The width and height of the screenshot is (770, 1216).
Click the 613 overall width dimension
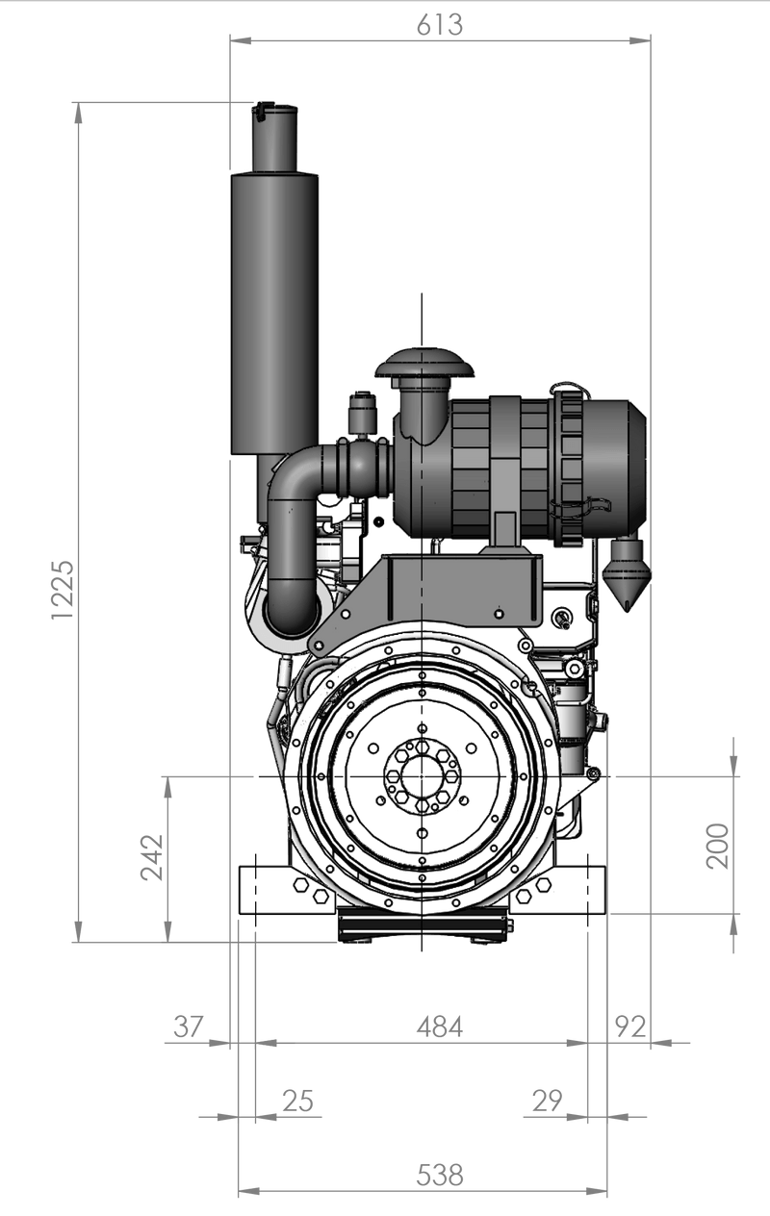pyautogui.click(x=439, y=24)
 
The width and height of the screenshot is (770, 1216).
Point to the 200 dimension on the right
pyautogui.click(x=717, y=846)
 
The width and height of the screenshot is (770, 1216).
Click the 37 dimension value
pyautogui.click(x=189, y=1026)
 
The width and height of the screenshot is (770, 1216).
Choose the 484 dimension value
pyautogui.click(x=438, y=1026)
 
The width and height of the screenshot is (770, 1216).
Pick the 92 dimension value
pyautogui.click(x=631, y=1026)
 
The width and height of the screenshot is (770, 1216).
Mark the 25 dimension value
pyautogui.click(x=299, y=1102)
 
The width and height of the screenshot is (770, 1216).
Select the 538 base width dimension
pyautogui.click(x=440, y=1176)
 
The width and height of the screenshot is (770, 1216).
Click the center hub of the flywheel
pyautogui.click(x=422, y=776)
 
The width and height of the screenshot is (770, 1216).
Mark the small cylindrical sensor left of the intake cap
pyautogui.click(x=363, y=414)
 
